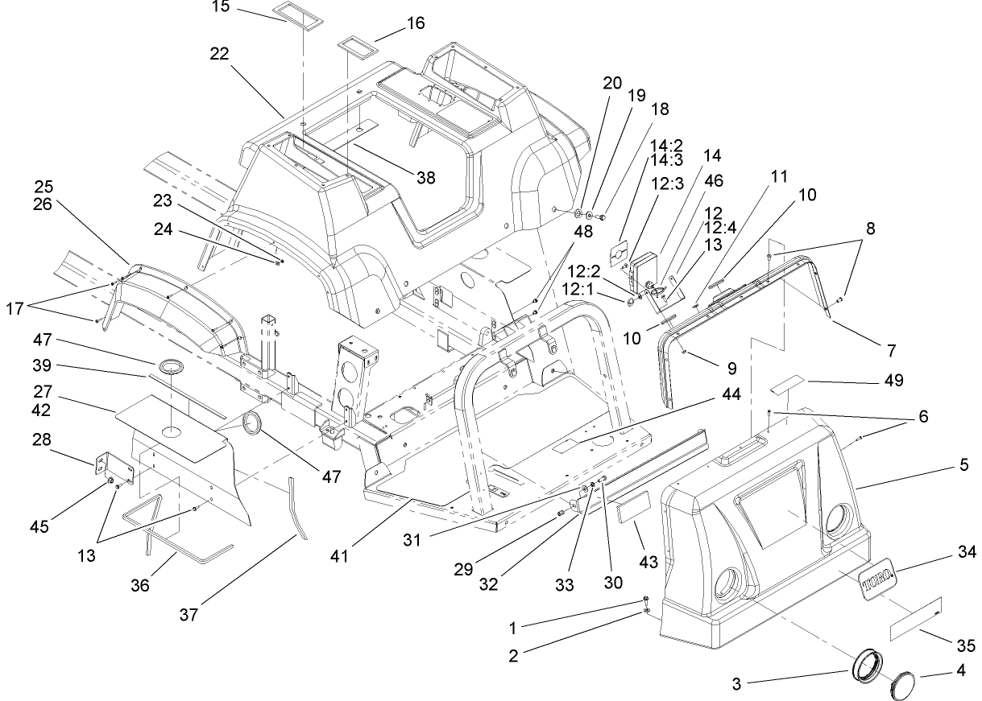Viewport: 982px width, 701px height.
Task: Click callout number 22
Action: pyautogui.click(x=219, y=54)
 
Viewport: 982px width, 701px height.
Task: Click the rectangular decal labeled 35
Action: pyautogui.click(x=915, y=619)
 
